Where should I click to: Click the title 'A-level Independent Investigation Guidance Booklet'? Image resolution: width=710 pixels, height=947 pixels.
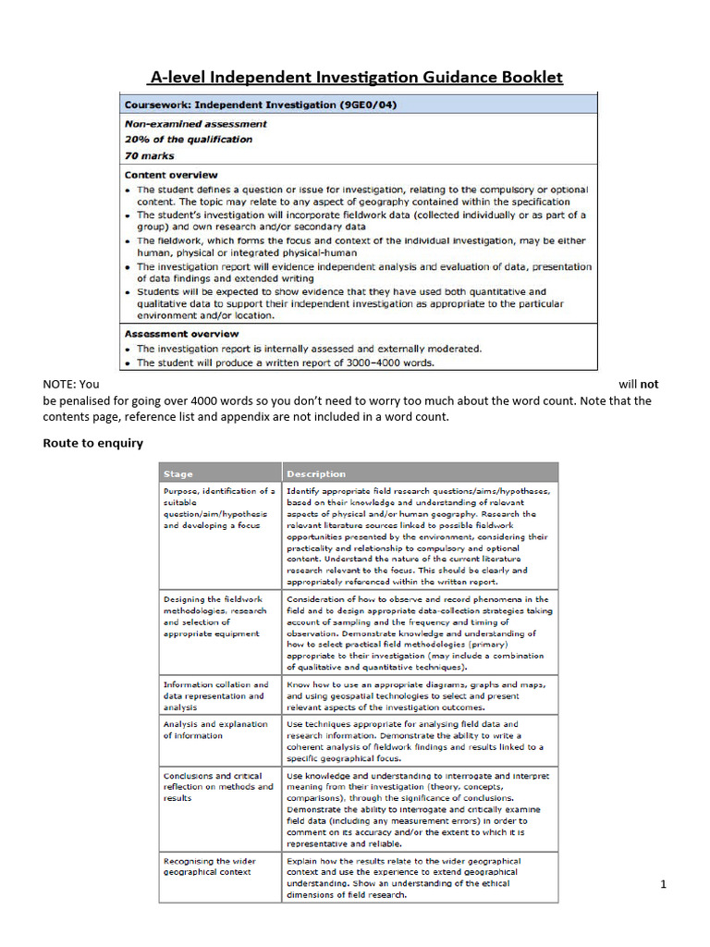(356, 78)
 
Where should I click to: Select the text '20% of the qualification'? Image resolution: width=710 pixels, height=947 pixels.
(189, 140)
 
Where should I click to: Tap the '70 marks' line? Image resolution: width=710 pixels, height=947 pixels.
(150, 156)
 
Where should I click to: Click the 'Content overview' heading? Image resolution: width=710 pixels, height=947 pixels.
(171, 175)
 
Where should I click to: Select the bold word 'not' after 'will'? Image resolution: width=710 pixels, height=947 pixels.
(650, 384)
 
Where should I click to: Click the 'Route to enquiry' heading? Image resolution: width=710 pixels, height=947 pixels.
(93, 443)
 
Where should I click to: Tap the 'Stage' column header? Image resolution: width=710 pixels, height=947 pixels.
(178, 474)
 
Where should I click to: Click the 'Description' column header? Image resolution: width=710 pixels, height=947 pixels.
(316, 474)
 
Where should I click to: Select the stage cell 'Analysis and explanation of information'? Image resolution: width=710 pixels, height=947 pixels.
(215, 730)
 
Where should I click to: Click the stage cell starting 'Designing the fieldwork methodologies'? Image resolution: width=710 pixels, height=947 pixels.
(215, 617)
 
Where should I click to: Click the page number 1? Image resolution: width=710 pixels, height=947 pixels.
(663, 885)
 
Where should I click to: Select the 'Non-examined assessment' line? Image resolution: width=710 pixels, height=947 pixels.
(196, 124)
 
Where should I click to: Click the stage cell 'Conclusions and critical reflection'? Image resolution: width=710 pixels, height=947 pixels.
(218, 787)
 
